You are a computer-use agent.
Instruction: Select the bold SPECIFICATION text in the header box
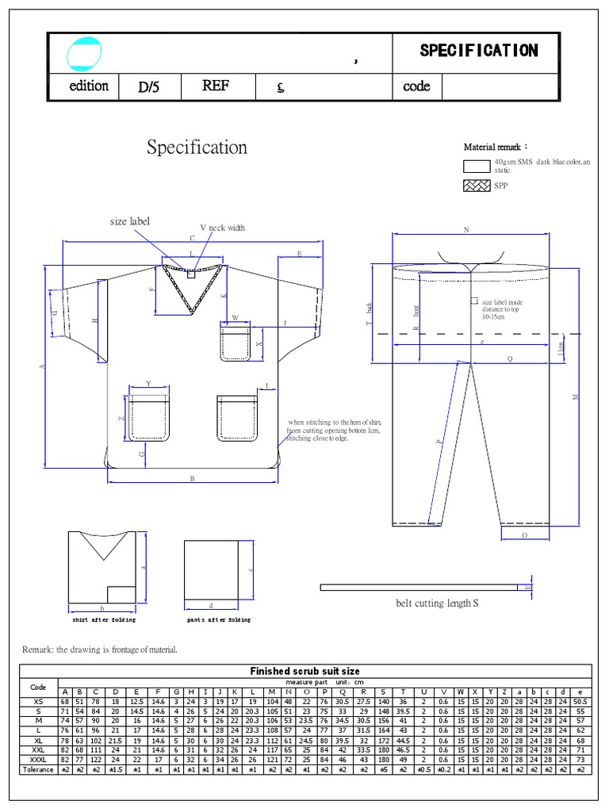[x=478, y=51]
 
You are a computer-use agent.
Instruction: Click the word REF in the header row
[x=215, y=86]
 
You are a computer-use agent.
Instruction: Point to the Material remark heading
[x=496, y=147]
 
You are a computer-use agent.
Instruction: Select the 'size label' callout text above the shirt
[x=129, y=222]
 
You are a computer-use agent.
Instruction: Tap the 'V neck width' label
[x=222, y=228]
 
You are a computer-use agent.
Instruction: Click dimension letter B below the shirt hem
[x=192, y=478]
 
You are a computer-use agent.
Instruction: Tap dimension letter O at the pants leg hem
[x=525, y=535]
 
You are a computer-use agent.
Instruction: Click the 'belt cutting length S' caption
[x=437, y=603]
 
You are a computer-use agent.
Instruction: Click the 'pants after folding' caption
[x=218, y=620]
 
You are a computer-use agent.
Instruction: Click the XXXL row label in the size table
[x=38, y=760]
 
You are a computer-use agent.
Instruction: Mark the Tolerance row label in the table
[x=38, y=769]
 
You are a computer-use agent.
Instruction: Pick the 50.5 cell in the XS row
[x=580, y=701]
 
